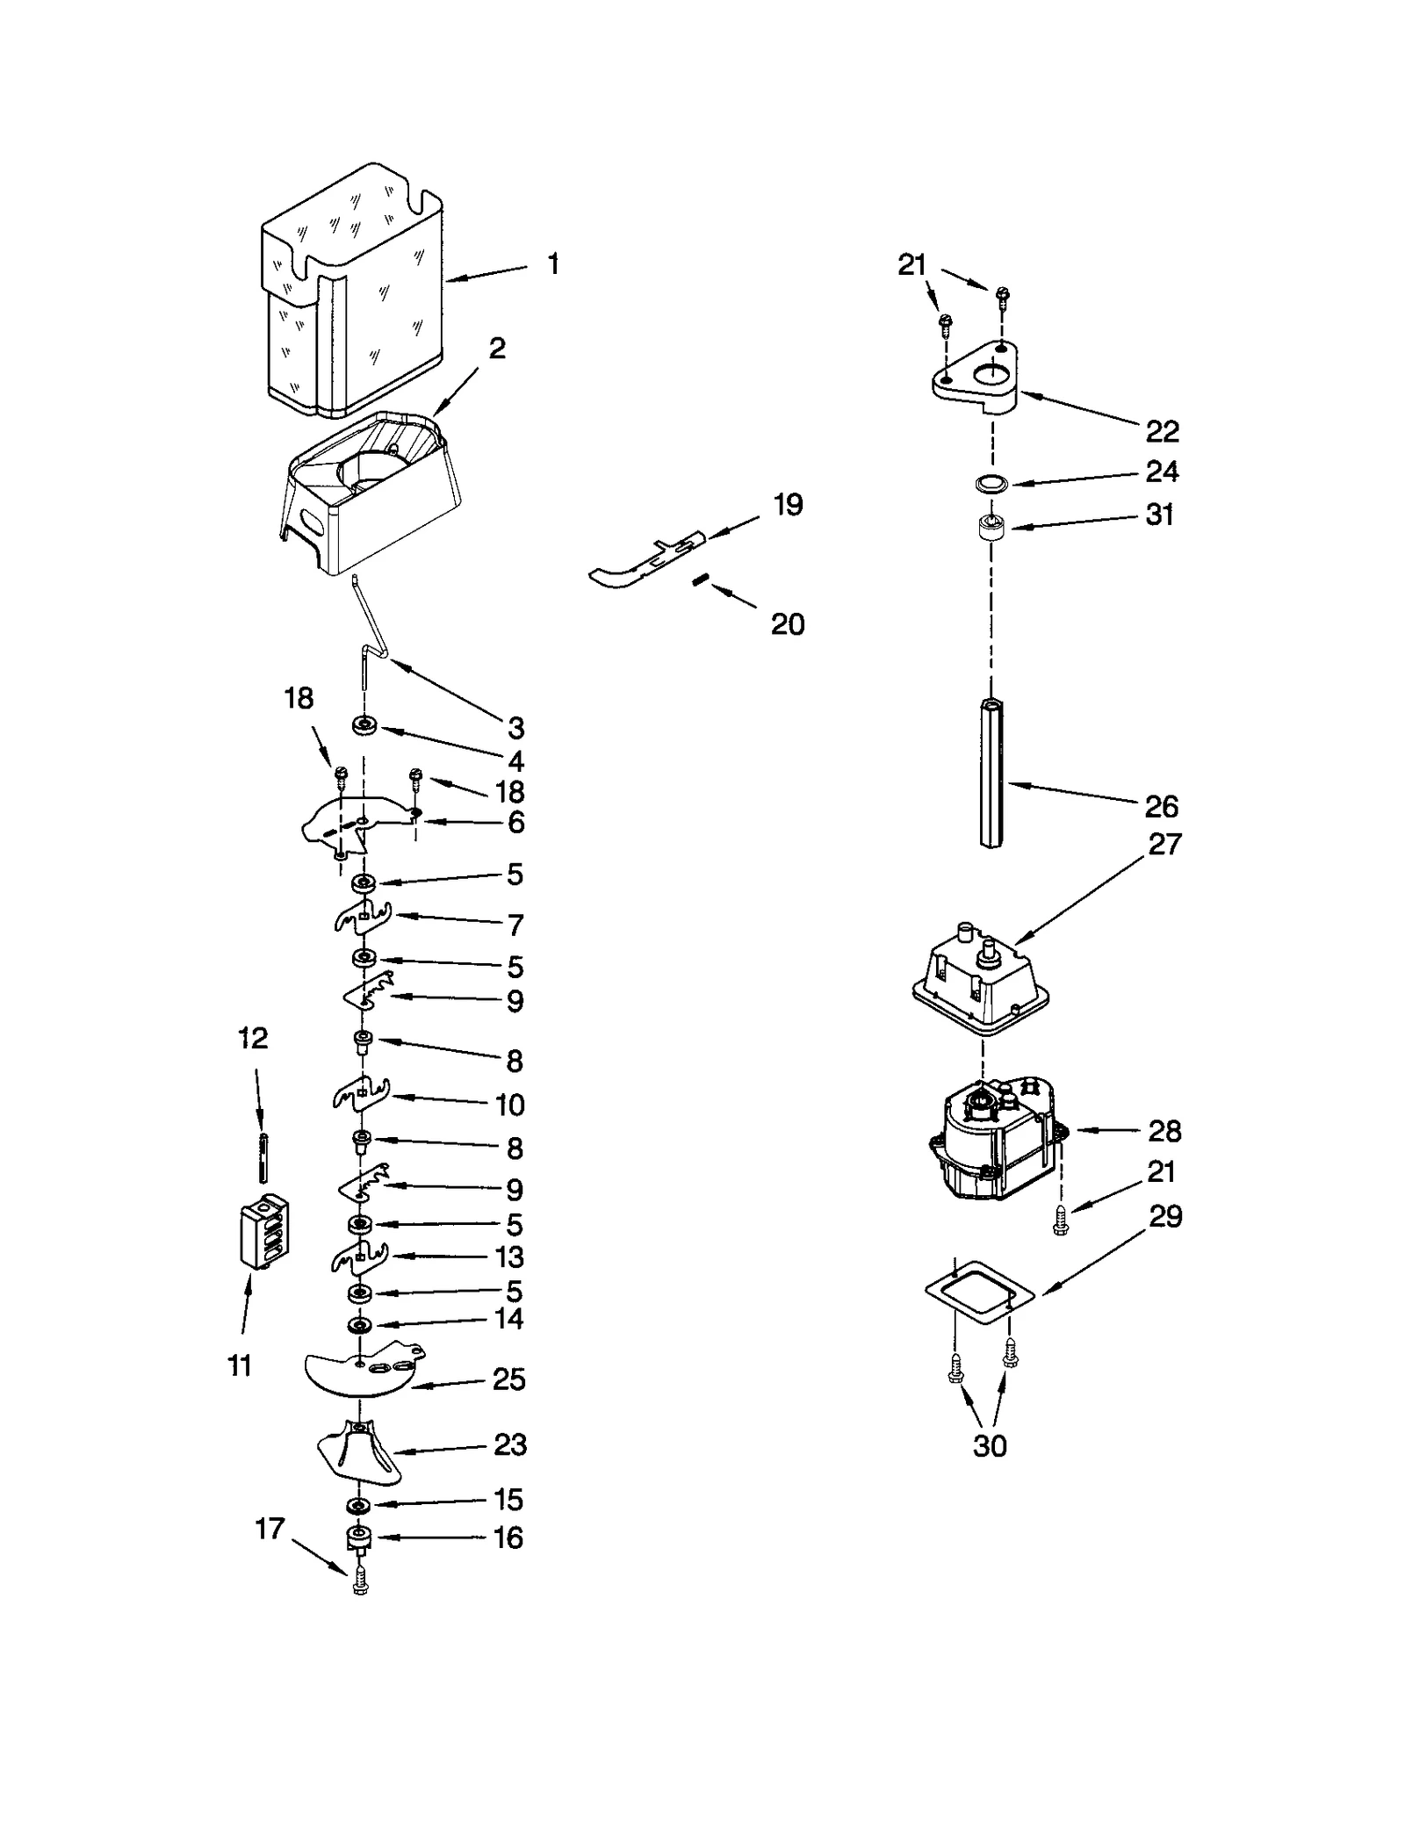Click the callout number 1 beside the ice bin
click(x=553, y=263)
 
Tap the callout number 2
click(x=497, y=348)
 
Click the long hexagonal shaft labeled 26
click(x=991, y=772)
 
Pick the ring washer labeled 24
click(x=991, y=482)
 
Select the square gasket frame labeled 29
click(x=979, y=1291)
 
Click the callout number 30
click(x=989, y=1446)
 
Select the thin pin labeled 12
click(x=263, y=1159)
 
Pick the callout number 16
click(x=508, y=1538)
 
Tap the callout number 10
click(x=509, y=1104)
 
